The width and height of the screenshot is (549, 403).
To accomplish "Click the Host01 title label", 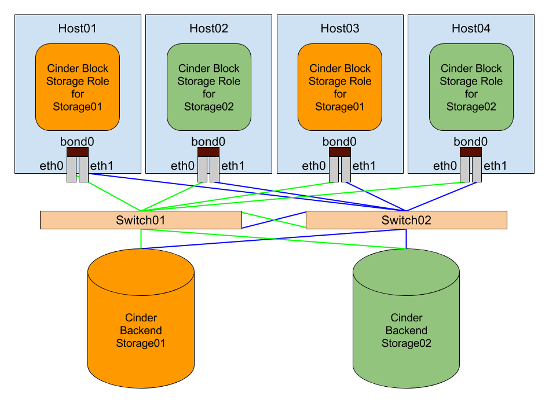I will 78,28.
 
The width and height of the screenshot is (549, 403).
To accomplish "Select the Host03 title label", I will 340,28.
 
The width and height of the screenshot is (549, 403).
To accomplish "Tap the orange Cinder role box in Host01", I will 78,87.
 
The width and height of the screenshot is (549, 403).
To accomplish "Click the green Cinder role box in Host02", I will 208,87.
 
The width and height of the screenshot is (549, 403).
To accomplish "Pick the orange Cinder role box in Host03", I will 340,87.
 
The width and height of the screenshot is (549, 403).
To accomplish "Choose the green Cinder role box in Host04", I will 471,87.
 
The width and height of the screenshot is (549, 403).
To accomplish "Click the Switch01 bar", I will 141,220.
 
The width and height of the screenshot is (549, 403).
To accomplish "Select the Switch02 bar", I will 406,220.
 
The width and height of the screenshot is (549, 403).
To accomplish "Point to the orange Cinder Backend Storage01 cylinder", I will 141,330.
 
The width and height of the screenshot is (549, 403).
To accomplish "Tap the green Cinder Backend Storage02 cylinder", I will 406,330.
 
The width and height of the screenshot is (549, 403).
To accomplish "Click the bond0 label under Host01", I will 77,141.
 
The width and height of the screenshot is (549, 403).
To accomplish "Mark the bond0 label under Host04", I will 471,141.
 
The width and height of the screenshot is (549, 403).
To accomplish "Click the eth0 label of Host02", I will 182,166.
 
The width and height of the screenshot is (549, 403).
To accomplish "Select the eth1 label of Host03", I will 364,166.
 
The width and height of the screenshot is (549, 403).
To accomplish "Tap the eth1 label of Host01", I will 102,166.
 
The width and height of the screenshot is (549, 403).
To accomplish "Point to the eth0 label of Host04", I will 445,166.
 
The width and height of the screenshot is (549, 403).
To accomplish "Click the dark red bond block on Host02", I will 208,152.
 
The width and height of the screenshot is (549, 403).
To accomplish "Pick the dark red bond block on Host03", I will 340,152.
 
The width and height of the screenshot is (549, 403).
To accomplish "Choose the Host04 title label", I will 471,28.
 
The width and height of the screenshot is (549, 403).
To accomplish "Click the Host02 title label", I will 208,28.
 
